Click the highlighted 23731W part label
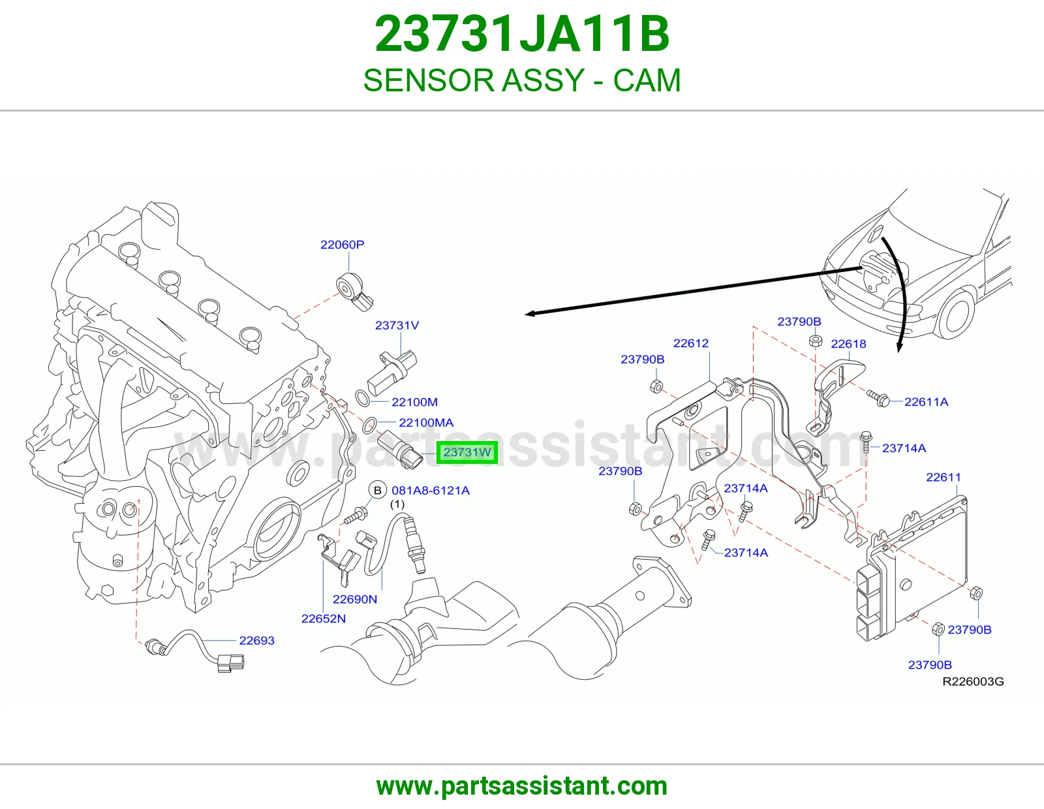[467, 453]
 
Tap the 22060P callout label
[342, 245]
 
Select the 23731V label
[397, 326]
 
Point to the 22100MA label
[426, 423]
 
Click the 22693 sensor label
[256, 641]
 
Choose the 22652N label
[324, 618]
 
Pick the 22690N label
[354, 599]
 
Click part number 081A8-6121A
[431, 491]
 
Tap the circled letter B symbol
[378, 490]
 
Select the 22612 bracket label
[691, 343]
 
